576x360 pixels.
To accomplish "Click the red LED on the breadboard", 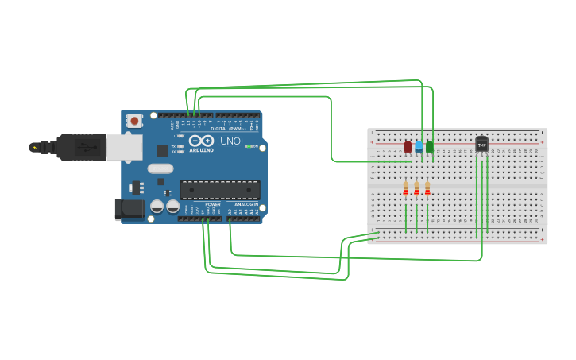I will point(408,147).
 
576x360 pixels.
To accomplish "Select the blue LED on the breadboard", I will point(419,146).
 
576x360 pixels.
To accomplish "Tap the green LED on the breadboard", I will point(430,147).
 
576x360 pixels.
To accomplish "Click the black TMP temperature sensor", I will point(481,144).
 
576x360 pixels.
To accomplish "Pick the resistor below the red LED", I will point(406,188).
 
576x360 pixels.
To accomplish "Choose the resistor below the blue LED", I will point(416,188).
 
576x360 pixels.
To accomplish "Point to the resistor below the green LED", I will point(427,188).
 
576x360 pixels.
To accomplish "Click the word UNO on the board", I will point(230,141).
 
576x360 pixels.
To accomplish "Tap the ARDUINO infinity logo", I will point(201,141).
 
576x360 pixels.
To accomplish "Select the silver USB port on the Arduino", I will point(125,147).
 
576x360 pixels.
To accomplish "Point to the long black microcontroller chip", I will point(220,190).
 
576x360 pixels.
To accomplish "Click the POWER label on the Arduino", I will point(213,204).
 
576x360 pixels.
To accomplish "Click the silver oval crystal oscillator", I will point(160,168).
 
